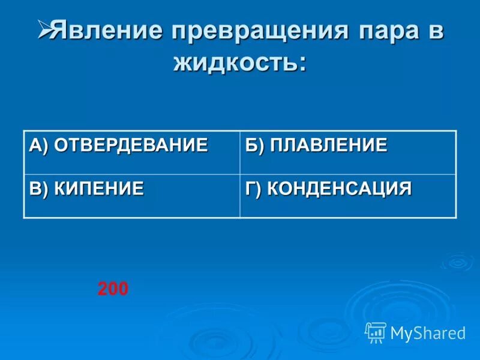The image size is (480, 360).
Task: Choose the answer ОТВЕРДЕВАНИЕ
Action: (x=131, y=145)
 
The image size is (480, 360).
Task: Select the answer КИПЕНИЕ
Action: (x=99, y=188)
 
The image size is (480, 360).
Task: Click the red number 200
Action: (x=113, y=289)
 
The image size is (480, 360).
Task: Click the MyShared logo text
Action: (x=428, y=333)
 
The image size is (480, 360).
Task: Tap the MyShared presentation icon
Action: (x=376, y=332)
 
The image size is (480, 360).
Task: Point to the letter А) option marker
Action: (x=39, y=145)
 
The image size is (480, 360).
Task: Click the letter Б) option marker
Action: (x=254, y=145)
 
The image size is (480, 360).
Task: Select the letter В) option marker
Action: (x=39, y=188)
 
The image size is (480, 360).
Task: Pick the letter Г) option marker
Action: (x=254, y=188)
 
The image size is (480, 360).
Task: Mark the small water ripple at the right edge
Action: (x=457, y=262)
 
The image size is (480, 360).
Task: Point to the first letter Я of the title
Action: (x=57, y=32)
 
